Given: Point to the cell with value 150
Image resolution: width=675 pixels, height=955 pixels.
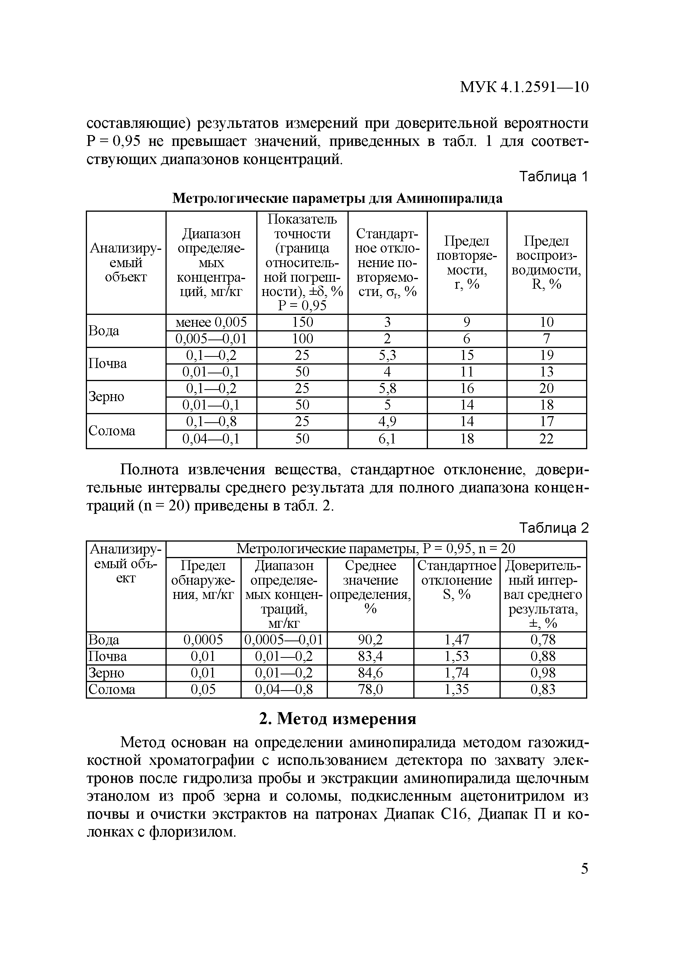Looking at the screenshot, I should coord(302,322).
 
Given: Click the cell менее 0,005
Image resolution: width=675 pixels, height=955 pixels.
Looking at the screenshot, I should coord(211,322).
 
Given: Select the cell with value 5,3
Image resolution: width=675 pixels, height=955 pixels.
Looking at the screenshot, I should coord(387,355).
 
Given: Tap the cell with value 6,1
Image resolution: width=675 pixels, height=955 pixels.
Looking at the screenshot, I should coord(387,438).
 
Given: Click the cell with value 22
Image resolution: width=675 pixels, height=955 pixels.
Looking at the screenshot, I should coord(546,438).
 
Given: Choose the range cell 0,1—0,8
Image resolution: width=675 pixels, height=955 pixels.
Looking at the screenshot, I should coord(211,421).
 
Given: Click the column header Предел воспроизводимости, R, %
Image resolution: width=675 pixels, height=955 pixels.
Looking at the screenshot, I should coord(546,262).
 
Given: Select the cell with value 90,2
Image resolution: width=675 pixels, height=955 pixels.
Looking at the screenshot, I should coord(370,639).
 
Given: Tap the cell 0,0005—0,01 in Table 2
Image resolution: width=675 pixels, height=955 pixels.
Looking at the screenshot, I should coord(284,639).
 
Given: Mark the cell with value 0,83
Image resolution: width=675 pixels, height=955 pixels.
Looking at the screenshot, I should coord(543,689).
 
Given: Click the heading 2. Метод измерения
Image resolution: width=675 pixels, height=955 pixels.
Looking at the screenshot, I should coord(337,718).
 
